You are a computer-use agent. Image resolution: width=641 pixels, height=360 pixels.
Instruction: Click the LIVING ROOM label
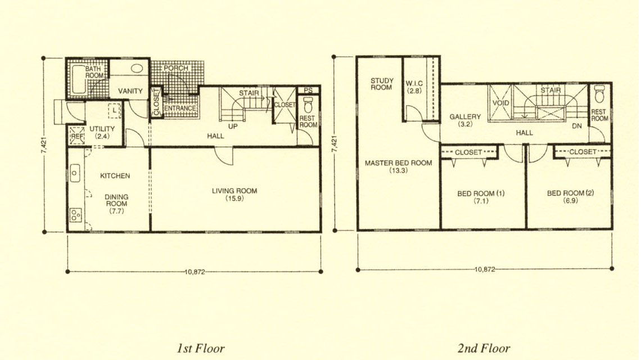[x=234, y=191]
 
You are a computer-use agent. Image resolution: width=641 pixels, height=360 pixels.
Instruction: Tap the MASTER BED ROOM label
[x=398, y=163]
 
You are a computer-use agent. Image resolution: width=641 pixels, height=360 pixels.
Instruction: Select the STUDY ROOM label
[x=382, y=84]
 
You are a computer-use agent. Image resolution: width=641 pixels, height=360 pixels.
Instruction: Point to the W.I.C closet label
[x=414, y=83]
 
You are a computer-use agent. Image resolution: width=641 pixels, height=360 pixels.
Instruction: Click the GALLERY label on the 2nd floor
[x=465, y=116]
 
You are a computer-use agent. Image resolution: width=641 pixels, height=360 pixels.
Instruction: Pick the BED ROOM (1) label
[x=481, y=193]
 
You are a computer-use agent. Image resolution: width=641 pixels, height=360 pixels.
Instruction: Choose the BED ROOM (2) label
[x=570, y=193]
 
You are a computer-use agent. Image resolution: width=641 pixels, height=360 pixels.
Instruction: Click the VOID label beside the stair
[x=500, y=103]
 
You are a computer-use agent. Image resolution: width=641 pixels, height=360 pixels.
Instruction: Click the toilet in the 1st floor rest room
[x=308, y=105]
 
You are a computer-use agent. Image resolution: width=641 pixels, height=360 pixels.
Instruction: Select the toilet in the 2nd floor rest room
[x=599, y=94]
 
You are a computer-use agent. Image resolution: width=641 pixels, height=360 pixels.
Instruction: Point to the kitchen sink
[x=75, y=173]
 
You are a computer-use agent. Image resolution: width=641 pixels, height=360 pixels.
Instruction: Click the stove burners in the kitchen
[x=76, y=215]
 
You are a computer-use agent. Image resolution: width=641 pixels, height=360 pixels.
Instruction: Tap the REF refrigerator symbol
[x=77, y=136]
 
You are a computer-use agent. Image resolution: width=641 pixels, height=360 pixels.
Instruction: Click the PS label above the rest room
[x=308, y=91]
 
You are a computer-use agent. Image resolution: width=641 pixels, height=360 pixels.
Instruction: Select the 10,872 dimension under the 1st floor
[x=195, y=272]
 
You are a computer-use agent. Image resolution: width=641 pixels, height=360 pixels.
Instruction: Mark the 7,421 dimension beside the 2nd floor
[x=335, y=145]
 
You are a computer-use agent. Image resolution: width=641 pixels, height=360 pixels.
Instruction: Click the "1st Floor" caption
[x=200, y=348]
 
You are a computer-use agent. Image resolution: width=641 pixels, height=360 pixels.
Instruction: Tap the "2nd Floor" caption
[x=484, y=348]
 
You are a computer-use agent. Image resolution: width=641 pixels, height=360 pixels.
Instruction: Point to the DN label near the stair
[x=576, y=126]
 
